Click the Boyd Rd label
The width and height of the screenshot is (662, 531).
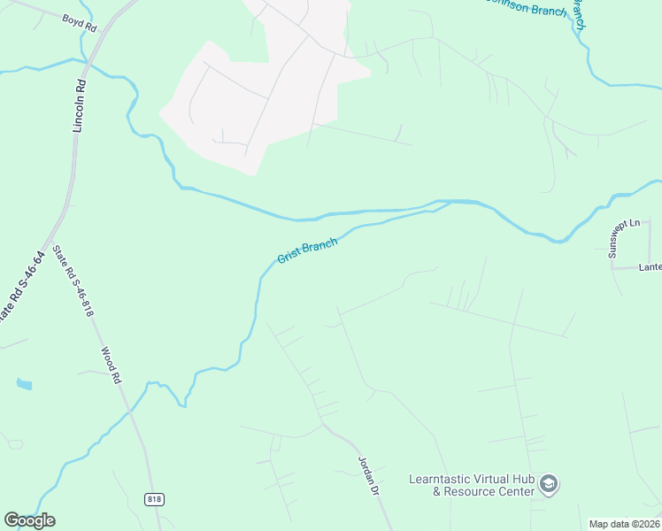click(80, 24)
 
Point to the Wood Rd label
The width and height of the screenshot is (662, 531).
click(110, 365)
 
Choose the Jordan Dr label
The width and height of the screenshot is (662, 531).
click(368, 476)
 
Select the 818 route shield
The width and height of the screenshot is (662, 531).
click(155, 499)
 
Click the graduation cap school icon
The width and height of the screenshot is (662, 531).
click(549, 484)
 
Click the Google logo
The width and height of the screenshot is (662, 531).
click(29, 520)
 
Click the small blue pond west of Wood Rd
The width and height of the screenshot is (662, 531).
click(24, 384)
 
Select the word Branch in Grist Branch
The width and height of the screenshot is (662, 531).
click(319, 246)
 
